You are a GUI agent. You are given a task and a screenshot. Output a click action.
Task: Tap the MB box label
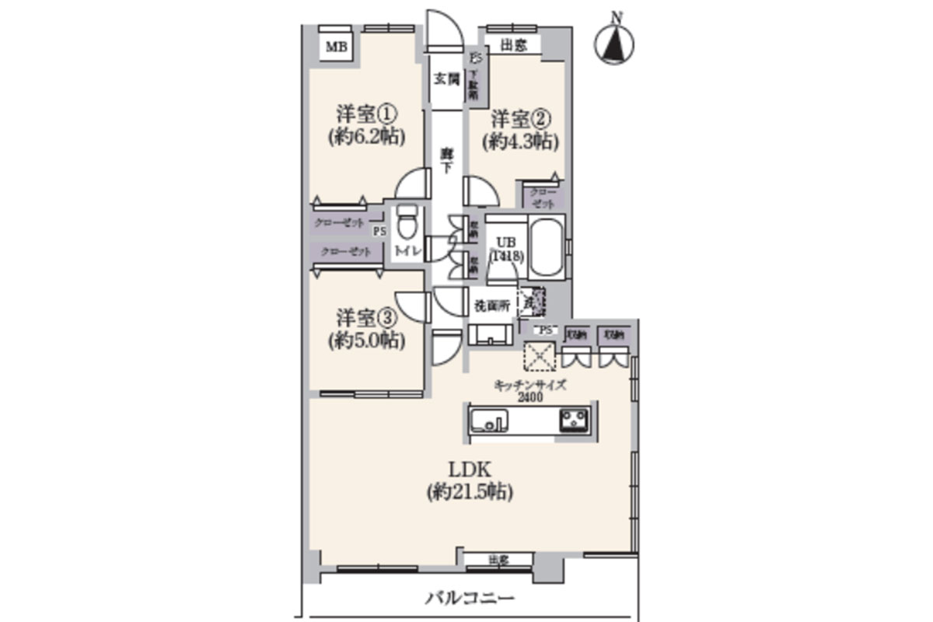pos(336,47)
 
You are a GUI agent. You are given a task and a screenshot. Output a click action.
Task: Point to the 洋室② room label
pos(520,120)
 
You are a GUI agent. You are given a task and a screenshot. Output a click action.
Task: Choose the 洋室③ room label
pos(367,318)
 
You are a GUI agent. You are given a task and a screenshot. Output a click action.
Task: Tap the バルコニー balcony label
pos(470,599)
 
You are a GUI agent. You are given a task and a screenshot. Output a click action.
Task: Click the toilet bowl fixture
pos(405,226)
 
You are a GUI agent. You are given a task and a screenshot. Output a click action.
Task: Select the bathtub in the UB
pos(547,246)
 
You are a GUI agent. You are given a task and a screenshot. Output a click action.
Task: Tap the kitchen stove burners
pos(575,421)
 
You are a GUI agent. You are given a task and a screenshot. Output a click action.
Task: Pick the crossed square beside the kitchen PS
pos(537,357)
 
